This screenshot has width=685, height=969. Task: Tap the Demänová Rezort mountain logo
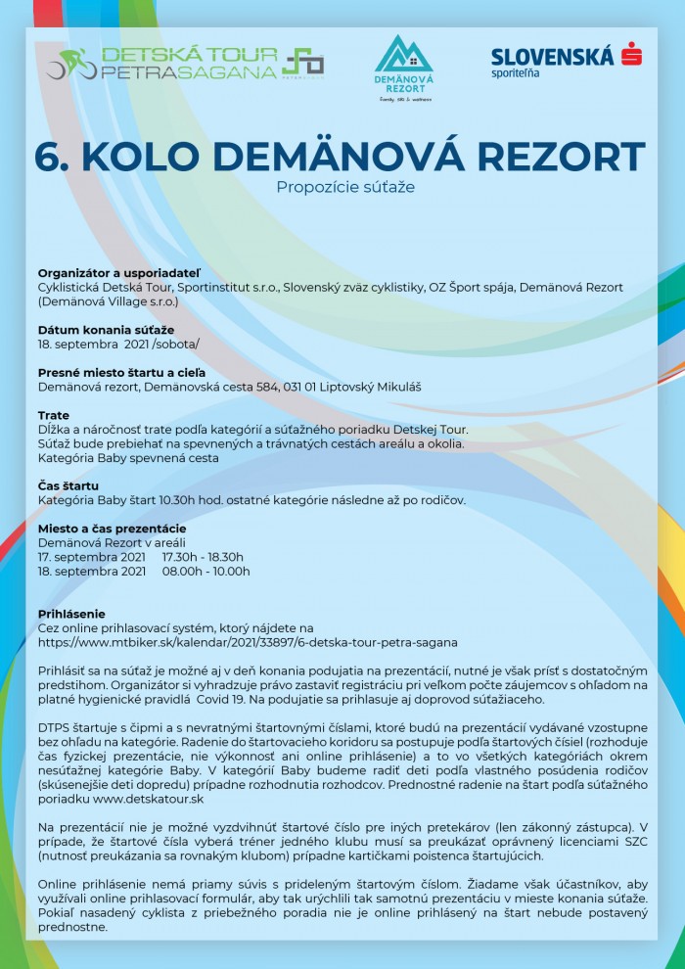click(403, 68)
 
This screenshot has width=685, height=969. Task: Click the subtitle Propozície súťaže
click(344, 186)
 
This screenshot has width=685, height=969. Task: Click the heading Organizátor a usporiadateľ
click(118, 272)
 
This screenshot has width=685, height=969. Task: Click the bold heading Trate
click(54, 415)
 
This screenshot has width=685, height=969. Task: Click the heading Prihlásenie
click(71, 614)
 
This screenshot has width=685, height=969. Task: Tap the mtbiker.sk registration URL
click(248, 642)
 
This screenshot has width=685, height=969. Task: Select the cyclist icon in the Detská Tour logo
click(71, 65)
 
